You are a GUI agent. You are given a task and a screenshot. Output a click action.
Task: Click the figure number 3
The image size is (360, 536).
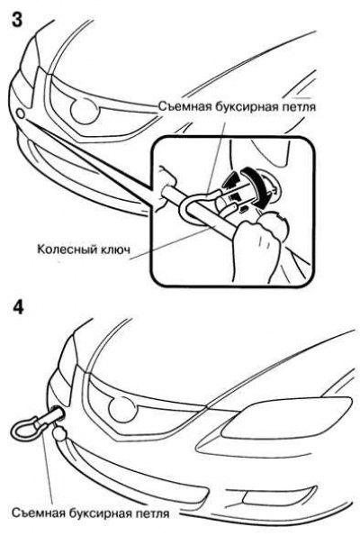click(17, 20)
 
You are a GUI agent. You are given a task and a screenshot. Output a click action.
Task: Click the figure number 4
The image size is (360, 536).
click(18, 307)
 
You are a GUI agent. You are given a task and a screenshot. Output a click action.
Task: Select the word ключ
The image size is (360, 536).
click(115, 250)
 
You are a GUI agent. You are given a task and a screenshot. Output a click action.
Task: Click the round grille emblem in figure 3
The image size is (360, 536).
click(84, 111)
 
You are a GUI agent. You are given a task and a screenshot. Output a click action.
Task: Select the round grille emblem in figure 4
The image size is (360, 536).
click(122, 409)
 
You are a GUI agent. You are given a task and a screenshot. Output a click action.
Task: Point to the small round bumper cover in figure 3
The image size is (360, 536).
click(21, 114)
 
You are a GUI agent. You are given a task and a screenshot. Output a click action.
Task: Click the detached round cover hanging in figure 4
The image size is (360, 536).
click(59, 434)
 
